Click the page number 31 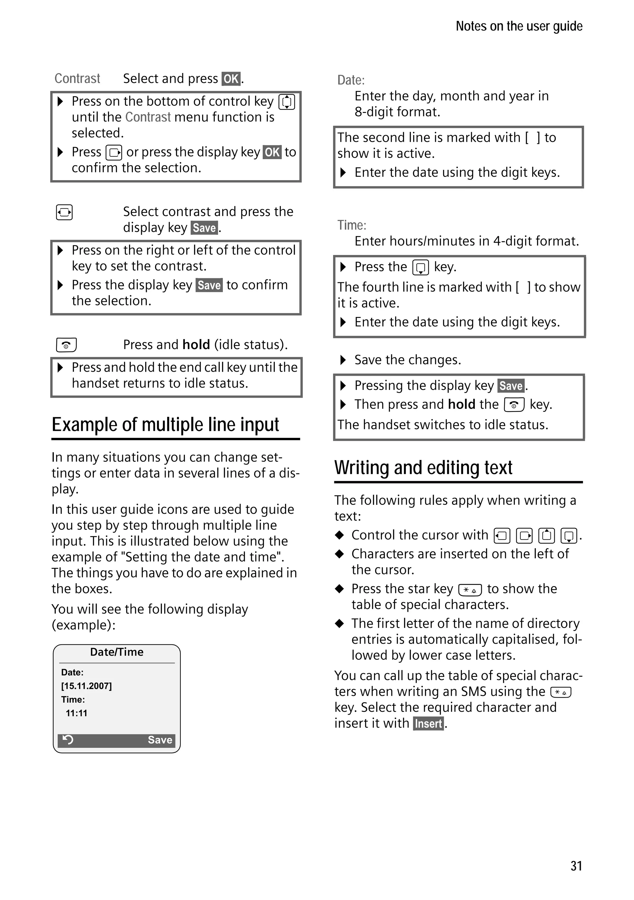576,866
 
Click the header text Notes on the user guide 519,26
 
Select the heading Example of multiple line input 165,425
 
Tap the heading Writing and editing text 423,467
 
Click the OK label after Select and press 231,79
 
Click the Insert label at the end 428,723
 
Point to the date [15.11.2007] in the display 86,686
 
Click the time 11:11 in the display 76,713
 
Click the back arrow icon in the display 68,740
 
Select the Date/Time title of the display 116,652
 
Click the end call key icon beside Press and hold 66,345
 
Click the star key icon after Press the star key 470,590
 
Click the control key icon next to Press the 421,267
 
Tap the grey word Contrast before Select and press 77,78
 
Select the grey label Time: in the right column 352,225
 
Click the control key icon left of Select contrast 64,212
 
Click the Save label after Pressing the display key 511,386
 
